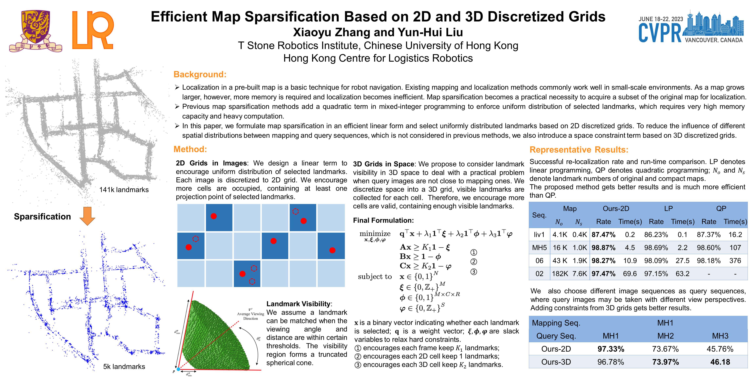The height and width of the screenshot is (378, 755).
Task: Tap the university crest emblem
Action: point(35,31)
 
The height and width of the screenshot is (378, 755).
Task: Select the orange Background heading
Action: point(200,74)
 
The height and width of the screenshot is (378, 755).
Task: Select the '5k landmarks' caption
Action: point(124,367)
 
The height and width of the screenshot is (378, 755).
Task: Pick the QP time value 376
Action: point(735,261)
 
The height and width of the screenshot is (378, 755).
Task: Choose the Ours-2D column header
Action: point(616,209)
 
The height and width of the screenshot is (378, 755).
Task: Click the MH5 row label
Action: point(539,248)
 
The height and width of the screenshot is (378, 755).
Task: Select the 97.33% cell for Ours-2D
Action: point(611,349)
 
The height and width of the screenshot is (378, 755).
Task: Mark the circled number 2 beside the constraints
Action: point(474,262)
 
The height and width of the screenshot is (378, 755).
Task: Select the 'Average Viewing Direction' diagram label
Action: point(250,316)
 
